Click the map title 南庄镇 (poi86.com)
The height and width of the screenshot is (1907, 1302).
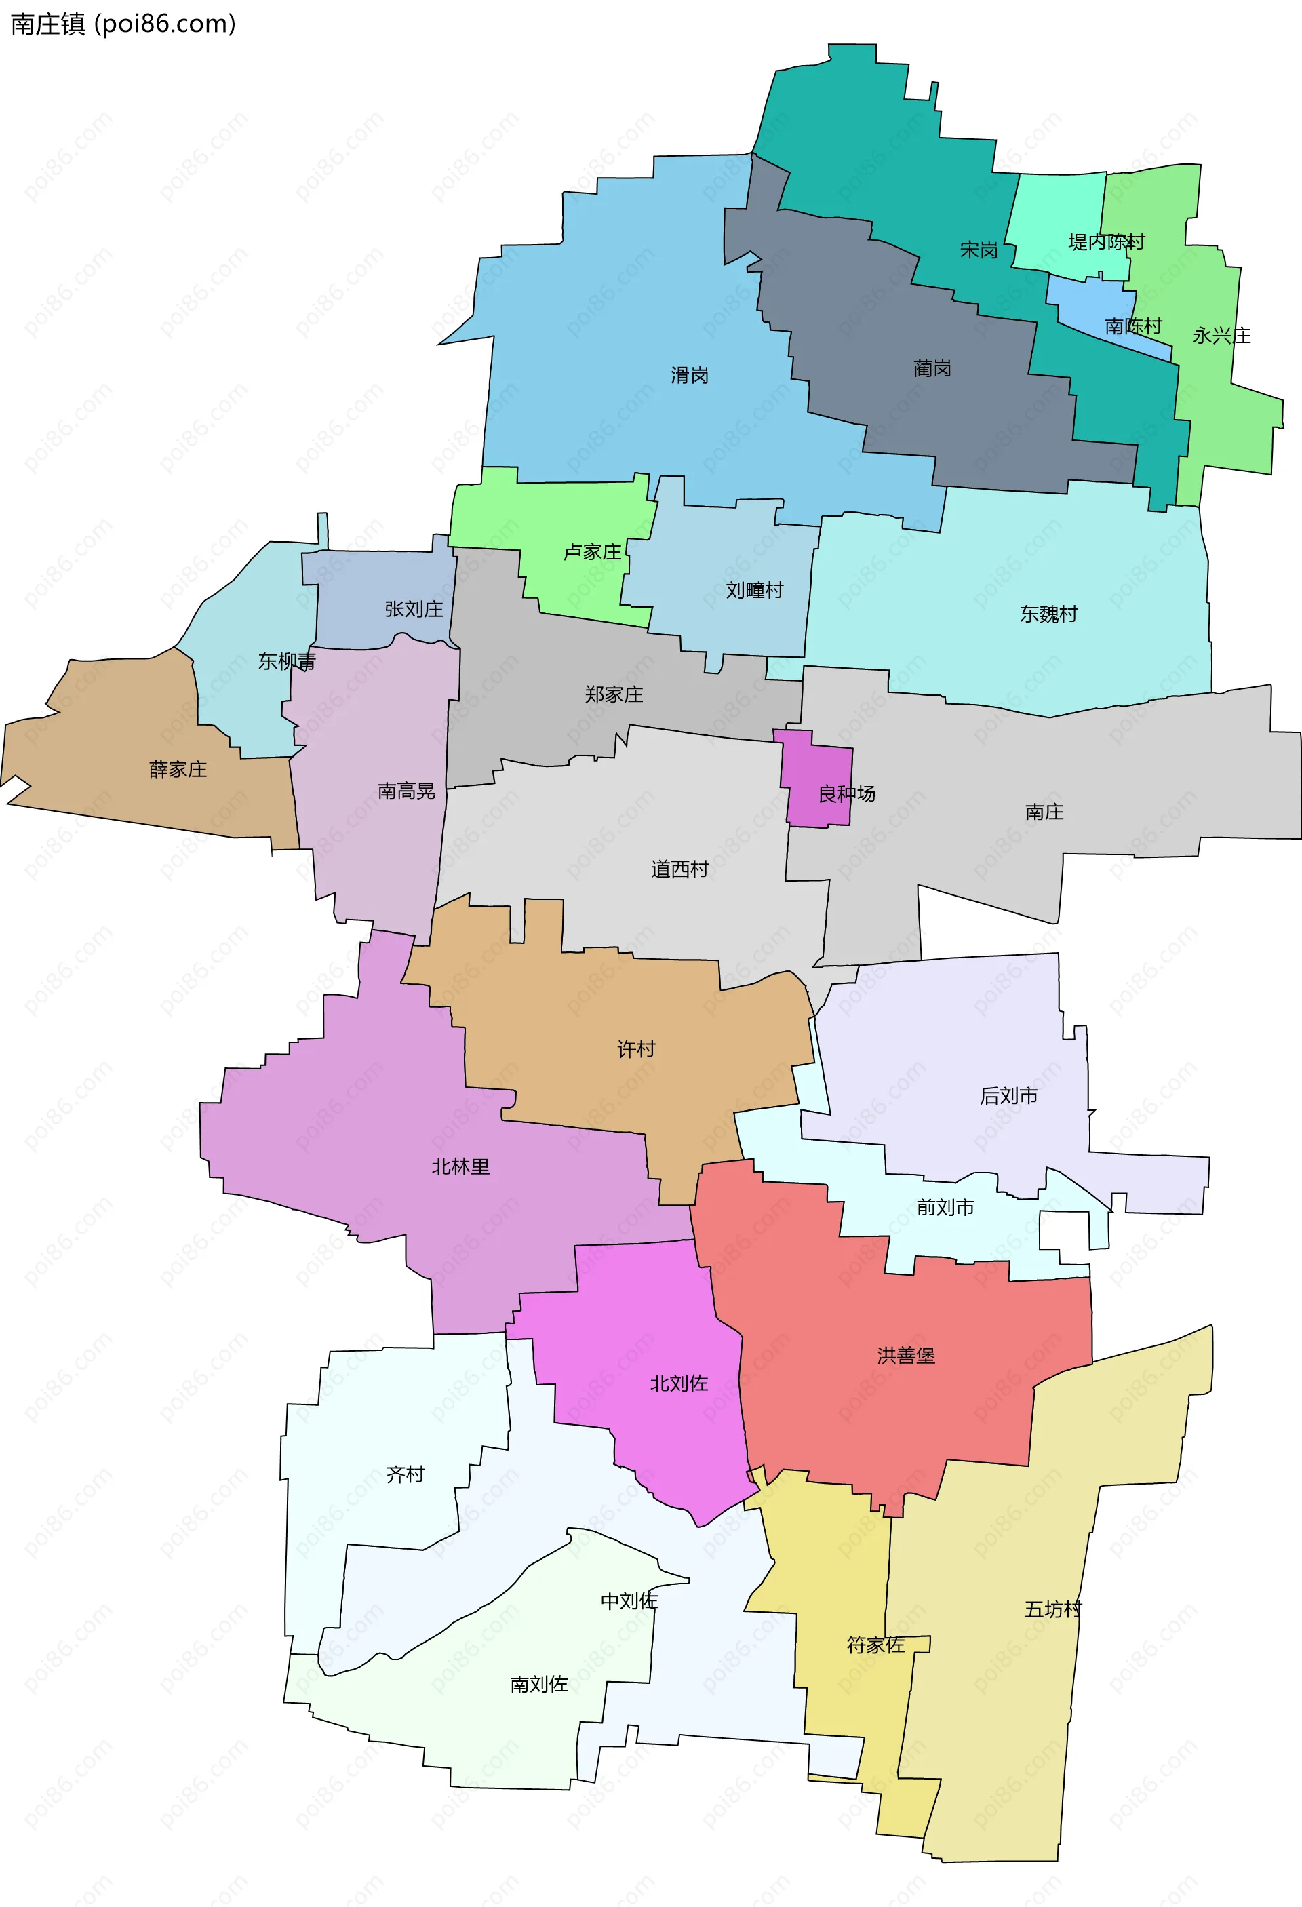pyautogui.click(x=123, y=24)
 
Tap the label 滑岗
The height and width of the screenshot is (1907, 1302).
pyautogui.click(x=689, y=376)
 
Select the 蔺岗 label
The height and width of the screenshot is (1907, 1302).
pyautogui.click(x=932, y=368)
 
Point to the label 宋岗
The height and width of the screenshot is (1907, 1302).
pyautogui.click(x=979, y=250)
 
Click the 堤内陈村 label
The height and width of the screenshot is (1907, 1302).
pyautogui.click(x=1106, y=242)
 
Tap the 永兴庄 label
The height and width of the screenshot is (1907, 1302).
pyautogui.click(x=1221, y=336)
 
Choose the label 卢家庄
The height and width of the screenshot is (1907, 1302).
pyautogui.click(x=592, y=552)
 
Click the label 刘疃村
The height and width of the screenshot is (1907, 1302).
pyautogui.click(x=754, y=590)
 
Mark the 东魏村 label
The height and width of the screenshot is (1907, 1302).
pyautogui.click(x=1048, y=614)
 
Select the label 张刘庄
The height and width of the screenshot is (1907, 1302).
pyautogui.click(x=414, y=609)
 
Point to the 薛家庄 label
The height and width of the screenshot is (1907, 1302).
pyautogui.click(x=178, y=770)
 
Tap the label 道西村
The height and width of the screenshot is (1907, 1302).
pyautogui.click(x=679, y=869)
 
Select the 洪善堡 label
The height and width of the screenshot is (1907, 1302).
pyautogui.click(x=906, y=1356)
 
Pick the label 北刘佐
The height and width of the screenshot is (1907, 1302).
pyautogui.click(x=679, y=1383)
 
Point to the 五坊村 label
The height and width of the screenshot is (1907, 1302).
pyautogui.click(x=1052, y=1609)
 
